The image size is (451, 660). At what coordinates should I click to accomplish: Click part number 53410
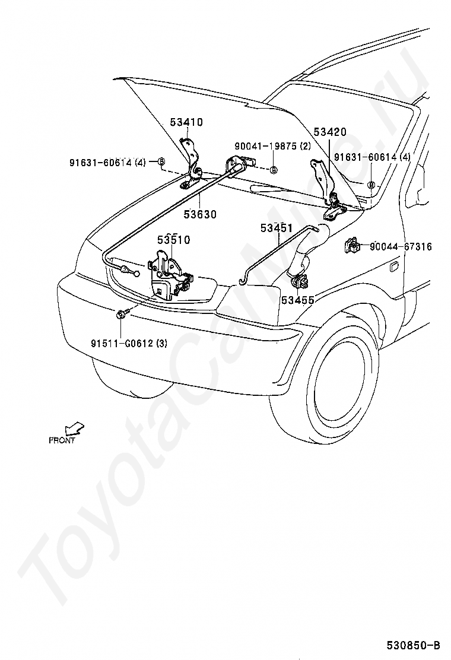(186, 122)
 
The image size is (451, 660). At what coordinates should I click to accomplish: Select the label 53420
(331, 132)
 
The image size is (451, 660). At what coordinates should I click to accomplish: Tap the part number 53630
(200, 215)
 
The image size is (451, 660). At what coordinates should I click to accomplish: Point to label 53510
(174, 240)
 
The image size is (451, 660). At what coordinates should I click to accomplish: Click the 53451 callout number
(277, 228)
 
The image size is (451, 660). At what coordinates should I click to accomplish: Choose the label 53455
(298, 300)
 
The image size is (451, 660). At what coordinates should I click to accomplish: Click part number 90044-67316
(401, 246)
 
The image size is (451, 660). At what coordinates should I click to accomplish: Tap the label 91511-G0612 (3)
(129, 344)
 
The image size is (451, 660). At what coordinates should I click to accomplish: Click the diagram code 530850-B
(414, 645)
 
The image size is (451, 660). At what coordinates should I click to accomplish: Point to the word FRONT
(62, 441)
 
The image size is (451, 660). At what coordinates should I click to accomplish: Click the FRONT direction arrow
(74, 429)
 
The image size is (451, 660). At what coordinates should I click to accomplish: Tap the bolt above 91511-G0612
(122, 313)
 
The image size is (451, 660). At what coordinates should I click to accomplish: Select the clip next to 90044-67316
(352, 245)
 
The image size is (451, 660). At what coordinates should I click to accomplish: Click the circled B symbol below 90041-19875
(273, 170)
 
